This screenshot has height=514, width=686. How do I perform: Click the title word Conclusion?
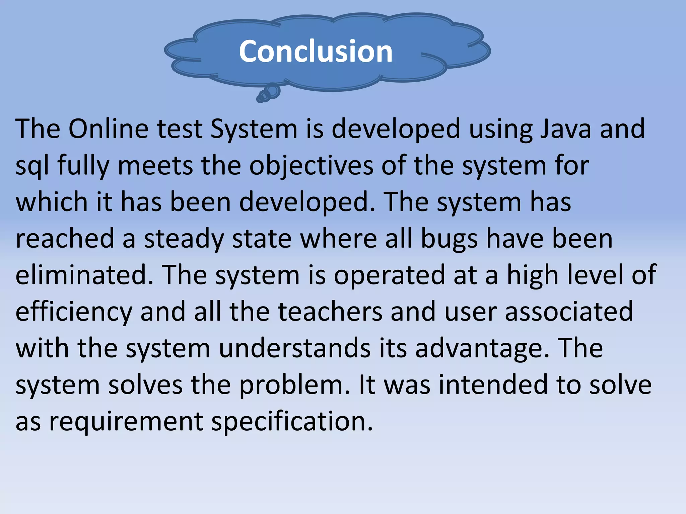click(316, 51)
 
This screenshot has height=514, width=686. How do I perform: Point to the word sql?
click(32, 166)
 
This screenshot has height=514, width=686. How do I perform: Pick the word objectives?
click(311, 166)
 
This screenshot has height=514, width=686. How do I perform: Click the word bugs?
click(449, 239)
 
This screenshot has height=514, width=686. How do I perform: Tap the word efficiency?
click(74, 312)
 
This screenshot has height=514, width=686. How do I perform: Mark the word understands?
click(295, 348)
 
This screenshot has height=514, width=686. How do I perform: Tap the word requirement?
click(126, 421)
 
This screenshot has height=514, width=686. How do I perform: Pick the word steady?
click(184, 239)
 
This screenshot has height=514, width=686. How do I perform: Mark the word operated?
click(390, 275)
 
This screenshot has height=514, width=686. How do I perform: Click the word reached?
click(65, 239)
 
